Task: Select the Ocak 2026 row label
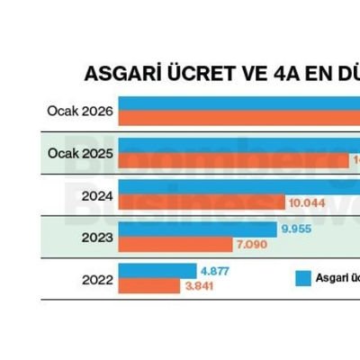pos(80,112)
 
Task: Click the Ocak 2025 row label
pos(80,154)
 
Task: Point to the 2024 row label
pos(95,194)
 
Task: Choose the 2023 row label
pos(95,238)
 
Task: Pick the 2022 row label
pos(95,280)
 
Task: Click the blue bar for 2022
pos(157,271)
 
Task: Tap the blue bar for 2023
pos(197,229)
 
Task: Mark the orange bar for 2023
pos(175,244)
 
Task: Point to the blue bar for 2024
pos(238,187)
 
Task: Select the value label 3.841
pos(199,286)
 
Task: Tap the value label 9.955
pos(297,229)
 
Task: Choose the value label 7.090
pos(252,244)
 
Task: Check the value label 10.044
pos(308,202)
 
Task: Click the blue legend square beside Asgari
pos(304,278)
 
